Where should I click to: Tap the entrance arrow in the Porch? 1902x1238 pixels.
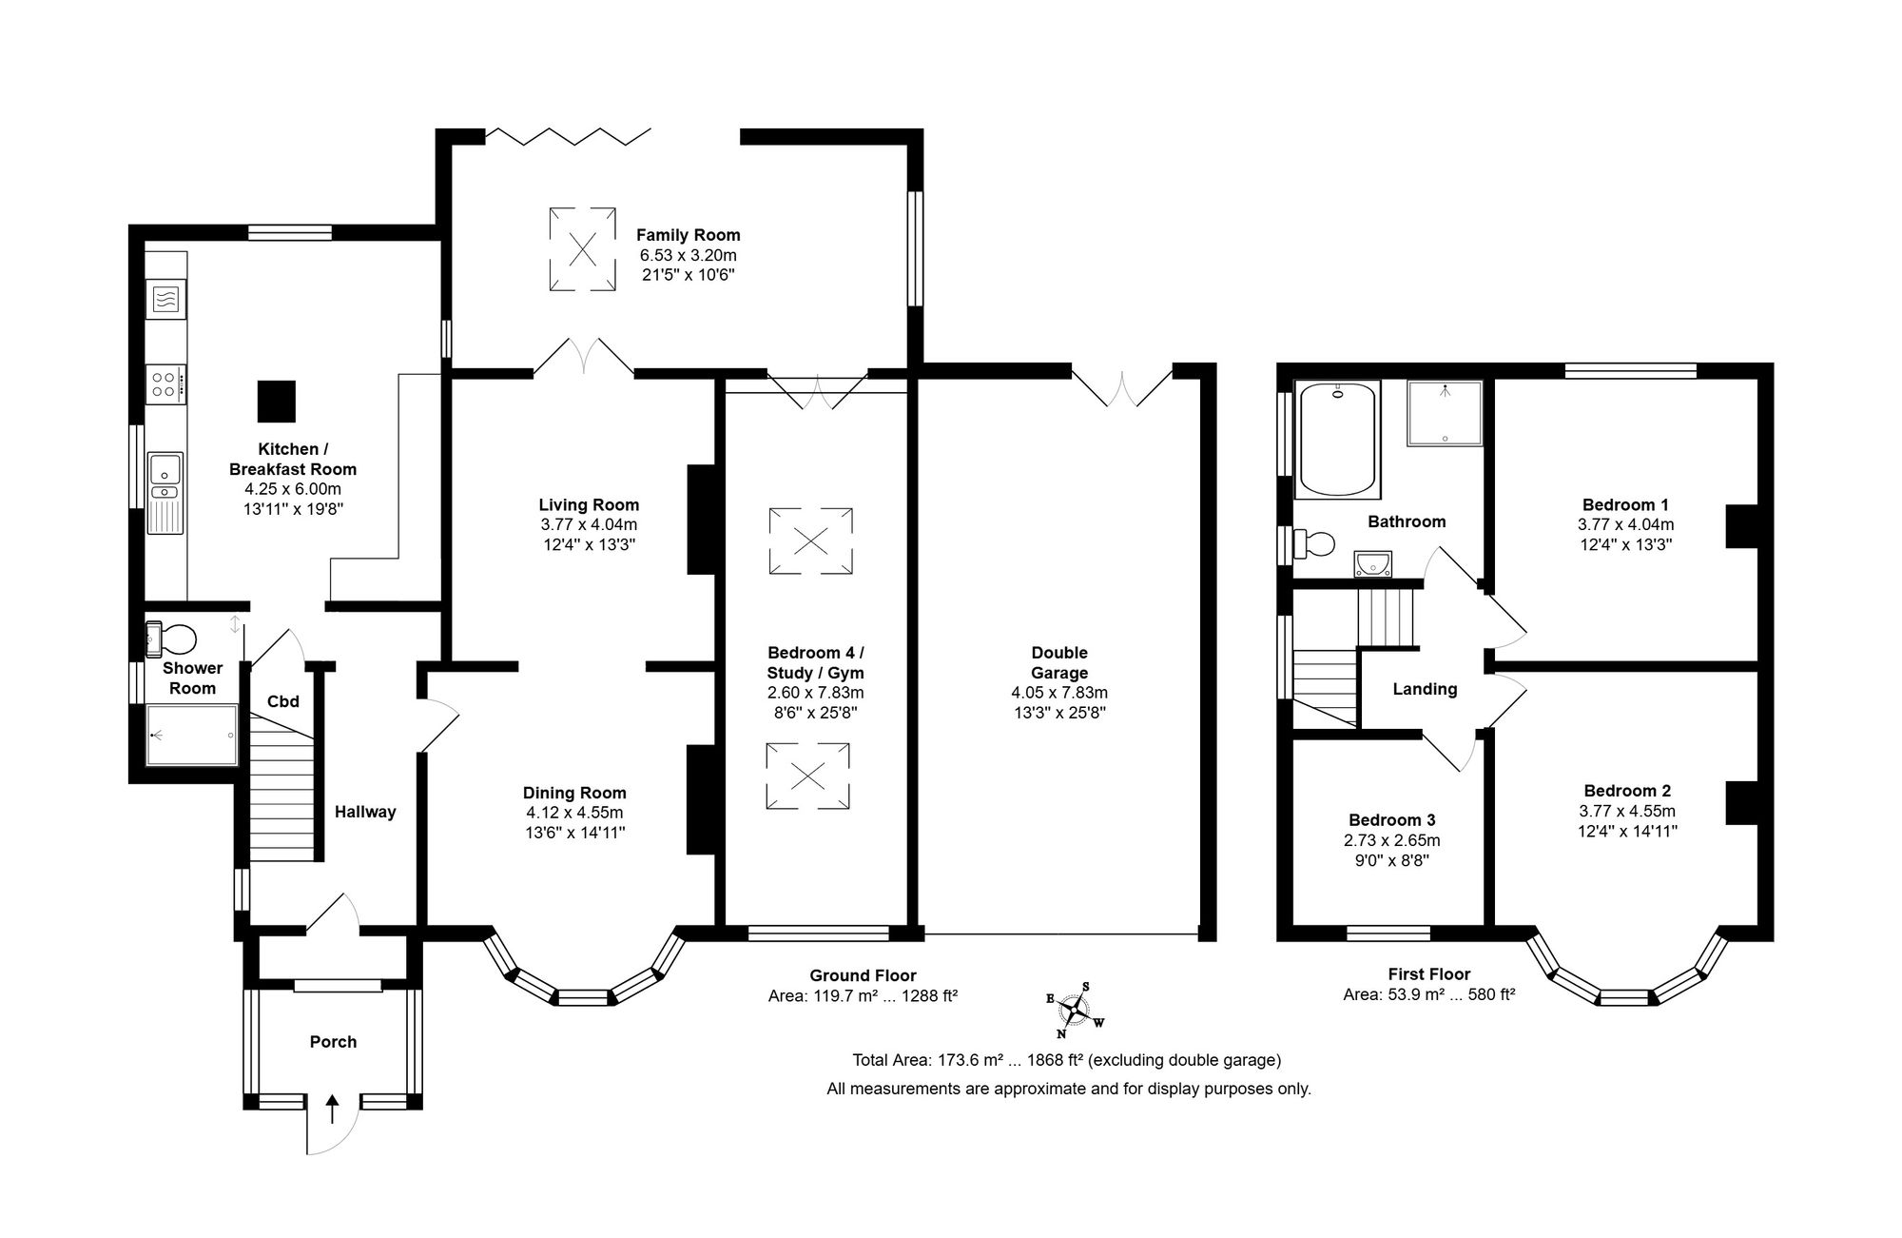coord(332,1110)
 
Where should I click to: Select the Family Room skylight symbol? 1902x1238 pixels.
coord(582,249)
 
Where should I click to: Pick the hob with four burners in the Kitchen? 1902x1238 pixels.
coord(165,383)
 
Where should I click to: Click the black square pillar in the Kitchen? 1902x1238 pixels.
coord(277,401)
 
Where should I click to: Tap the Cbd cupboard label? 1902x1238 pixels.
coord(283,701)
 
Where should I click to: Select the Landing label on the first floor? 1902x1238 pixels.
coord(1425,689)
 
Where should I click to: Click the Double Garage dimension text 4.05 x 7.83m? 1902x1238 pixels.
coord(1059,693)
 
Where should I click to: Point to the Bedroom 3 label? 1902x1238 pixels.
coord(1392,820)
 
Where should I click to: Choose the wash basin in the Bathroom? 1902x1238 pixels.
coord(1372,565)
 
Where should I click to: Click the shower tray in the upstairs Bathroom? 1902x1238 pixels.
coord(1445,413)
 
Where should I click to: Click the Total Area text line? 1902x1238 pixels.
coord(1067,1060)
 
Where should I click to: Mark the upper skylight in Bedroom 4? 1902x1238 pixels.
coord(810,541)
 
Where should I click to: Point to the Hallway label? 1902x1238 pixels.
coord(365,812)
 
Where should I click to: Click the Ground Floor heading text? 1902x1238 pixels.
coord(863,975)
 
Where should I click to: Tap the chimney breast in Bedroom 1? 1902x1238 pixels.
coord(1741,525)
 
